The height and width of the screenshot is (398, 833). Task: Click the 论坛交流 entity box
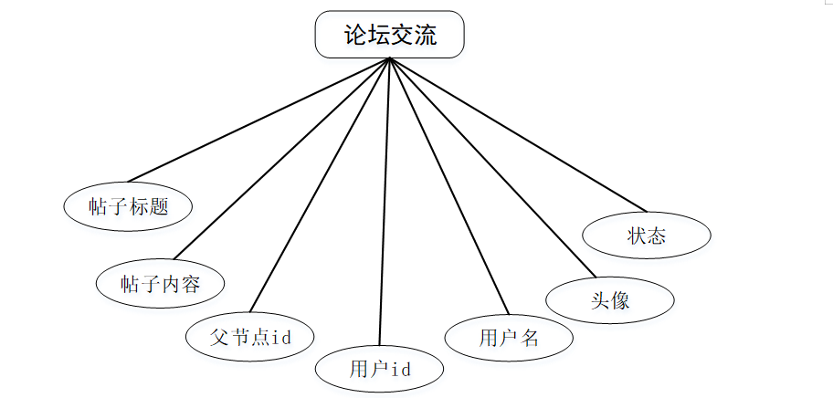(390, 36)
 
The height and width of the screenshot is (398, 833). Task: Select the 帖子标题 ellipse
(129, 206)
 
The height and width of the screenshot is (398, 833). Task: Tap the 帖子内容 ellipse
(160, 284)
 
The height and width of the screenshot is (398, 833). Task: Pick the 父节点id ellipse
(249, 337)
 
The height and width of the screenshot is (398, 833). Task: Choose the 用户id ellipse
(380, 369)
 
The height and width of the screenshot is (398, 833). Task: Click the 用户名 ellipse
(509, 337)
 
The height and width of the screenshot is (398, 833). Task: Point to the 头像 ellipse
(609, 299)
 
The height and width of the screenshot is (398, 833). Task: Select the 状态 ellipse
(647, 235)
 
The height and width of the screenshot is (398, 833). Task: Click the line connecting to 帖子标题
(258, 120)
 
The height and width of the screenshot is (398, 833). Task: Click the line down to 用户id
(385, 201)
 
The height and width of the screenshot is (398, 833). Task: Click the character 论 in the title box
(354, 36)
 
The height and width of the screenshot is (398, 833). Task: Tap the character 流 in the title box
(426, 36)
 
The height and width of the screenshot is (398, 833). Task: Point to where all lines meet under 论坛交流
(390, 59)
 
